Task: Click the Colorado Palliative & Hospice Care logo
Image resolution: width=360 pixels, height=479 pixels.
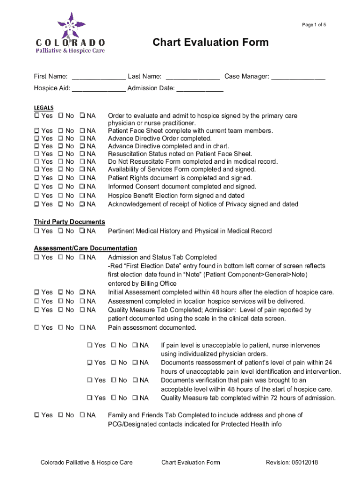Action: (x=71, y=33)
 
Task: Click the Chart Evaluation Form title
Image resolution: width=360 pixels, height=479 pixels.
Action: (x=210, y=43)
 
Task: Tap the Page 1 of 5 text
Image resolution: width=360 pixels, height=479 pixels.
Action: (x=314, y=25)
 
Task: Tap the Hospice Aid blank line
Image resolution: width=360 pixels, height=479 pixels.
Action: (x=98, y=88)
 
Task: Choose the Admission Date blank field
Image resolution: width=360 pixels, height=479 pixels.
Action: (x=200, y=88)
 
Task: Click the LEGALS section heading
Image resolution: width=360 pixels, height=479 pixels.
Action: (x=43, y=107)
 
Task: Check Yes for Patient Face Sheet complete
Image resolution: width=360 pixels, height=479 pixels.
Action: (x=36, y=131)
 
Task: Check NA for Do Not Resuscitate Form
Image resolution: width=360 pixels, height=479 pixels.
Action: (x=82, y=161)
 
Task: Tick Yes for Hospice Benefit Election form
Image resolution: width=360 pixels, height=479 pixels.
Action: (x=36, y=196)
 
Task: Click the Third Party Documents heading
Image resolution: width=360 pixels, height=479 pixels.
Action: (x=69, y=222)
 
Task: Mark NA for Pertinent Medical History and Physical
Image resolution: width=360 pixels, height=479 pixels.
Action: (x=82, y=231)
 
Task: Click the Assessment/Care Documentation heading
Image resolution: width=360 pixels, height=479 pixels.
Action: (x=85, y=248)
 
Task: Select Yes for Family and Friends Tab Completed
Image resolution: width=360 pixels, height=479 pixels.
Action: (x=36, y=415)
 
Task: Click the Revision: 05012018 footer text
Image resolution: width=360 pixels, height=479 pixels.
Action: (x=292, y=463)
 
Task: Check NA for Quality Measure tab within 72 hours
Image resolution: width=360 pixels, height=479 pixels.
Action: (x=135, y=398)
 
